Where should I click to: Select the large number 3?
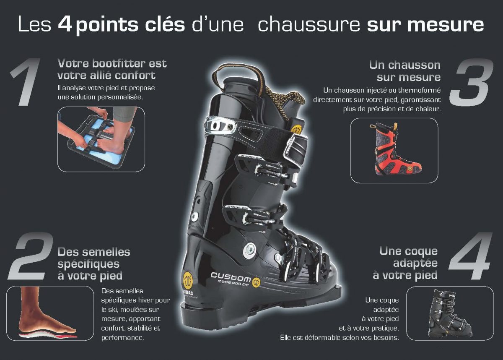point(472,82)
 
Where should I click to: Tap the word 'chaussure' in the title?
point(309,24)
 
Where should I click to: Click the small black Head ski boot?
point(450,313)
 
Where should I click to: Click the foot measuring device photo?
point(101,139)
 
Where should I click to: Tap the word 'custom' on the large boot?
point(231,277)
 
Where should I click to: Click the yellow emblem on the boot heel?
point(188,281)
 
